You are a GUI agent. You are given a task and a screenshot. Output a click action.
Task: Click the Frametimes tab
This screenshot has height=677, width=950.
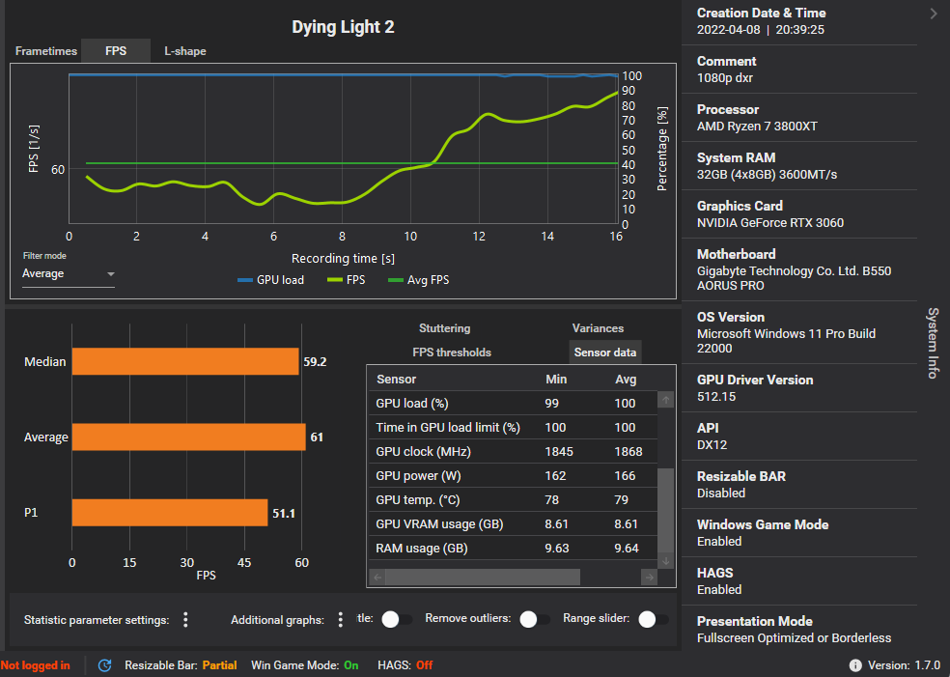[x=46, y=51]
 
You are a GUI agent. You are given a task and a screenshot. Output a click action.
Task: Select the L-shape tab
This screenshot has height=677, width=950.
[x=184, y=51]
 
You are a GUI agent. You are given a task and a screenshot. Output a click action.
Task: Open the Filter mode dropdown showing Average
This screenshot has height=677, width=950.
[x=68, y=274]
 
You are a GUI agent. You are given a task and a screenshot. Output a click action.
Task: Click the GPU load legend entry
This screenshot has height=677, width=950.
[x=270, y=280]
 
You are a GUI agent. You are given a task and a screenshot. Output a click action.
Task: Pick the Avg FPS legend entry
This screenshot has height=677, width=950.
[x=418, y=280]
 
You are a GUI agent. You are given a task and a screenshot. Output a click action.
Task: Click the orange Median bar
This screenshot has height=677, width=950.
[x=185, y=362]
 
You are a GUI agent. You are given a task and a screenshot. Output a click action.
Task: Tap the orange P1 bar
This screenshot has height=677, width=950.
[x=169, y=513]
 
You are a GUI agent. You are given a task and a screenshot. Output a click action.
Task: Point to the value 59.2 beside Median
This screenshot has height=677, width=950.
[x=314, y=362]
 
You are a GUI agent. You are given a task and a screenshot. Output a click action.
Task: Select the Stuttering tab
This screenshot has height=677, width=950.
[x=444, y=328]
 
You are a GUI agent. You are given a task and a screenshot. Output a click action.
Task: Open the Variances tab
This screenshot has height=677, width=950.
[x=598, y=328]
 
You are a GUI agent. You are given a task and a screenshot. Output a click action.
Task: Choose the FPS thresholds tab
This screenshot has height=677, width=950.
[x=452, y=353]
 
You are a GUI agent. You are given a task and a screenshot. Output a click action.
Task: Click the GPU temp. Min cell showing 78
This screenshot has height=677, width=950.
[x=553, y=500]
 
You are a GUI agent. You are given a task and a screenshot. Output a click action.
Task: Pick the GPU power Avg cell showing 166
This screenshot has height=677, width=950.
[x=626, y=476]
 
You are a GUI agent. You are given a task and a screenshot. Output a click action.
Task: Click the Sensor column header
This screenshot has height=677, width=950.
[x=397, y=380]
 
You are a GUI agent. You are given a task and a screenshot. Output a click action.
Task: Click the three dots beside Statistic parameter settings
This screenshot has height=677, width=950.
[x=185, y=619]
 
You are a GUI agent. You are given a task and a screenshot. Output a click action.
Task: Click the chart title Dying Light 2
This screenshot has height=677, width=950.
[x=343, y=27]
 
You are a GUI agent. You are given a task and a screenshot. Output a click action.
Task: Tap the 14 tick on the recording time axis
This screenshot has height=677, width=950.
[x=547, y=237]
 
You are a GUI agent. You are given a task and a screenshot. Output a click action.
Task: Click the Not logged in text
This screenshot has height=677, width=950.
[x=36, y=665]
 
